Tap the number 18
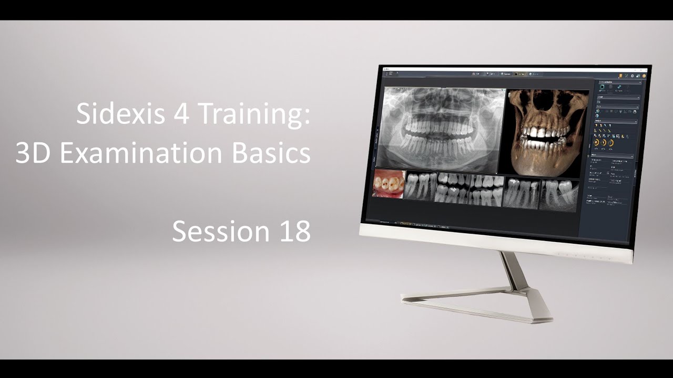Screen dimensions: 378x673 click(293, 231)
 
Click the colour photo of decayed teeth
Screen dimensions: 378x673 click(389, 184)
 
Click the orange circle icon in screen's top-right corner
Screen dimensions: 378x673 click(644, 76)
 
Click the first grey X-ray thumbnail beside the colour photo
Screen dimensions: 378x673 click(420, 186)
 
